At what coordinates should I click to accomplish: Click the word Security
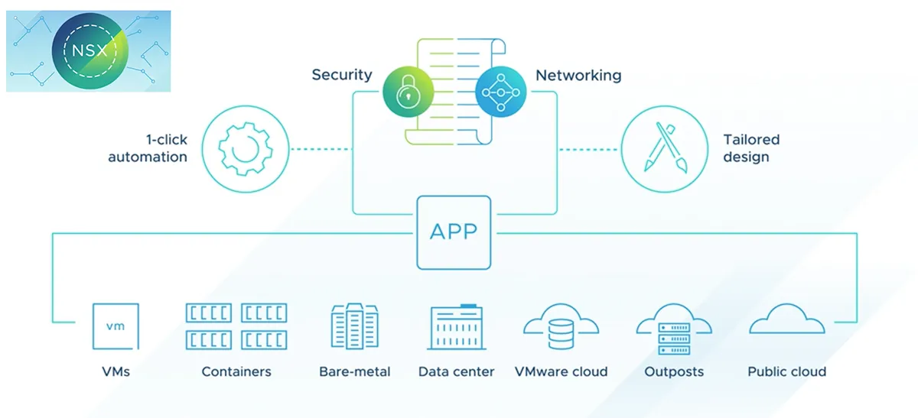341,75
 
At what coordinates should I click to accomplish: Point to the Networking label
578,75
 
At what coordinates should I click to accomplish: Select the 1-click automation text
148,148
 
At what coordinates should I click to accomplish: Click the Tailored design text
751,148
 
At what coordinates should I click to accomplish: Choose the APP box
454,232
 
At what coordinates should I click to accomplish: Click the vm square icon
116,326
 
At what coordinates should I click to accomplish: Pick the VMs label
116,372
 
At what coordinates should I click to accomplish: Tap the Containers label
236,372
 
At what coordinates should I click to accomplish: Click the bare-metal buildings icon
354,326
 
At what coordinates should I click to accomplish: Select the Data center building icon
456,327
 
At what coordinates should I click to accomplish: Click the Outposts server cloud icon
674,329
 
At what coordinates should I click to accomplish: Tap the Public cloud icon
786,321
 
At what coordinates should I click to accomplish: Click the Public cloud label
786,372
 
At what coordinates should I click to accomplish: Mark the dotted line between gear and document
321,148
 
